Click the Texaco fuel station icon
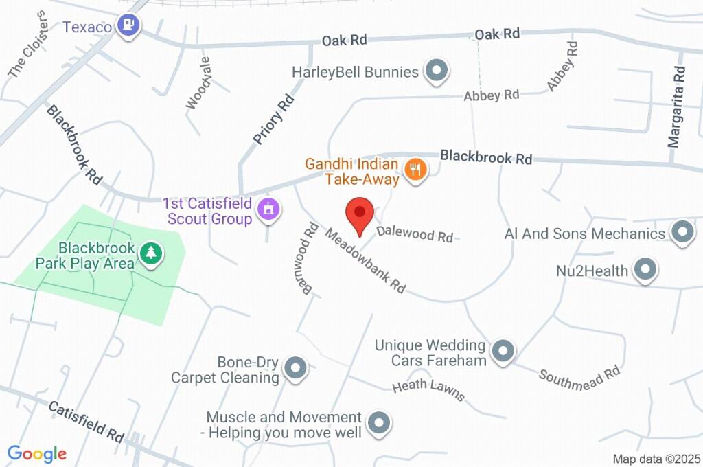pyautogui.click(x=128, y=26)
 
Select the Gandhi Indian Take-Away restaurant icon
pyautogui.click(x=415, y=169)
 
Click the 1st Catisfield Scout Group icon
pyautogui.click(x=268, y=209)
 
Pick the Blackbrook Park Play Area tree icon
pyautogui.click(x=150, y=253)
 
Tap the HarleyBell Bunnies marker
pyautogui.click(x=436, y=71)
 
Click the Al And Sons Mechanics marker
pyautogui.click(x=682, y=232)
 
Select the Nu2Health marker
pyautogui.click(x=645, y=269)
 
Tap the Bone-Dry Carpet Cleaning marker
pyautogui.click(x=295, y=368)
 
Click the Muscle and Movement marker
pyautogui.click(x=378, y=423)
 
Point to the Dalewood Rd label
pyautogui.click(x=415, y=233)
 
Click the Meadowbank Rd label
pyautogui.click(x=365, y=262)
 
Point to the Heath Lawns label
pyautogui.click(x=428, y=391)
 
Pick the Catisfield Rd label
pyautogui.click(x=86, y=421)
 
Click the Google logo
pyautogui.click(x=37, y=453)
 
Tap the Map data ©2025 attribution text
pyautogui.click(x=656, y=458)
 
